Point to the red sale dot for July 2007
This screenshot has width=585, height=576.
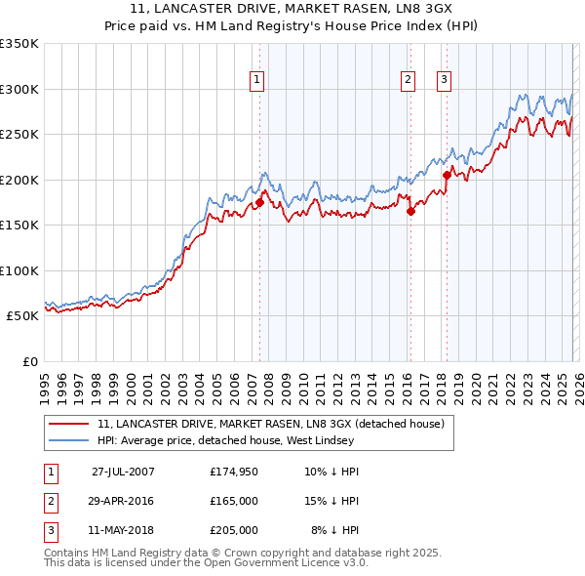point(260,203)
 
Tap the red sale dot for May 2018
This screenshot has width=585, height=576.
point(447,176)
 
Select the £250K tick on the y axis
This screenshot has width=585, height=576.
point(19,135)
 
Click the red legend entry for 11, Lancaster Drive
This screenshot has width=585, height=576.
point(270,424)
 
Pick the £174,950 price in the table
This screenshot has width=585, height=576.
point(233,472)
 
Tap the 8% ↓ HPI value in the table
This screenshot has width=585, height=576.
point(335,530)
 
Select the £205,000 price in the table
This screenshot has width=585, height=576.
point(233,530)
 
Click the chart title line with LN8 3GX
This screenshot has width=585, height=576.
point(292,12)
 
